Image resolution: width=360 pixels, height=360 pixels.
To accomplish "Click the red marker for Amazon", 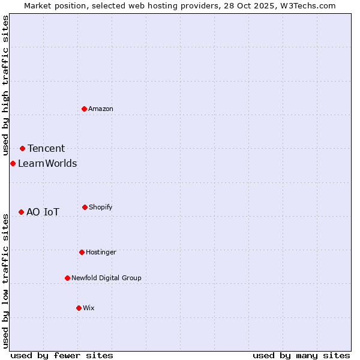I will [84, 109].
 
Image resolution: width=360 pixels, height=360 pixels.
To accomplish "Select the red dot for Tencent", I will [22, 148].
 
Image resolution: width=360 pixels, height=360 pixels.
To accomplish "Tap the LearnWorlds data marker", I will [13, 163].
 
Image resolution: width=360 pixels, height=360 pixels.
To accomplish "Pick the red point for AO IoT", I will [21, 212].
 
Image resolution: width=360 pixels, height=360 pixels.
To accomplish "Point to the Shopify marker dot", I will [85, 207].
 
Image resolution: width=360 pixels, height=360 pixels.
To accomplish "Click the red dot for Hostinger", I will [82, 252].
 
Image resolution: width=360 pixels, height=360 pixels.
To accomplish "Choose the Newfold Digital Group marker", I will [67, 278].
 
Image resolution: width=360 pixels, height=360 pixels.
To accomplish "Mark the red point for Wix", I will [79, 308].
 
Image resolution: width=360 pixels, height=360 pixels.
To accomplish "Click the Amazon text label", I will [101, 109].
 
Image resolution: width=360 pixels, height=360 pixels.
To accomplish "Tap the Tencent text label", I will [46, 149].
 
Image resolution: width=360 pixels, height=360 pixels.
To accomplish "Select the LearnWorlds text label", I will [47, 164].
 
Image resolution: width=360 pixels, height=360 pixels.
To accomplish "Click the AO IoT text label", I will [43, 212].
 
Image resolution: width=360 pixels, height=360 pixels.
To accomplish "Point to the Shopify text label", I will [101, 207].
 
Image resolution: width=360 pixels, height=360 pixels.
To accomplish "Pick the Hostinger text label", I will [101, 252].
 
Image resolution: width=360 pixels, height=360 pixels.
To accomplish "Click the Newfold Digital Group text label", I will [106, 278].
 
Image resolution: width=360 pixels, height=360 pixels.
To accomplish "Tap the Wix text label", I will [89, 308].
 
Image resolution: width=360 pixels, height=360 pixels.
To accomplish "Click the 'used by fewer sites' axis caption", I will [62, 355].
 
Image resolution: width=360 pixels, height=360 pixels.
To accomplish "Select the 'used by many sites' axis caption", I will [301, 355].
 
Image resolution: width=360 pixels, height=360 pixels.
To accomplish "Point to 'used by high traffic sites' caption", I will [5, 86].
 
